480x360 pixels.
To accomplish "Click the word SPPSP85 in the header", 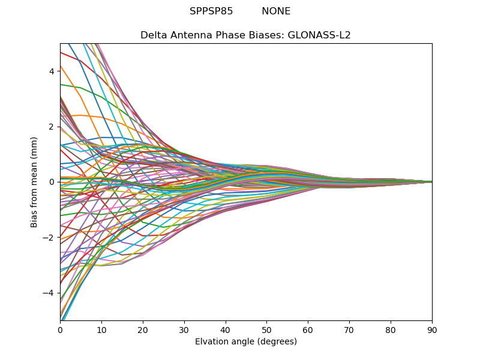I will pyautogui.click(x=211, y=11).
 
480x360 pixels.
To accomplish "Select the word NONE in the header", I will pyautogui.click(x=276, y=11).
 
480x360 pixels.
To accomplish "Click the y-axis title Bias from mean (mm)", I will pyautogui.click(x=34, y=181).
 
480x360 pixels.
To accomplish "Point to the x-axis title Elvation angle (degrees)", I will pyautogui.click(x=246, y=342).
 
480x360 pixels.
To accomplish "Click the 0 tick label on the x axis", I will pyautogui.click(x=60, y=329).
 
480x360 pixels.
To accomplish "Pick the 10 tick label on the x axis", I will pyautogui.click(x=101, y=329).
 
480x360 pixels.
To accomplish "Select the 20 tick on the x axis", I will pyautogui.click(x=143, y=329).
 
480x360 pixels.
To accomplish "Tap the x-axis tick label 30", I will pyautogui.click(x=184, y=329).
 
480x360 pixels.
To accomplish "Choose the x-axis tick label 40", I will pyautogui.click(x=226, y=329).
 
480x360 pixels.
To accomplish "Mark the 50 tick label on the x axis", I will pyautogui.click(x=266, y=329).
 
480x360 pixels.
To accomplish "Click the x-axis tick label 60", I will pyautogui.click(x=308, y=329).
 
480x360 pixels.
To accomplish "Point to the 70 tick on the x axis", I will pyautogui.click(x=349, y=329).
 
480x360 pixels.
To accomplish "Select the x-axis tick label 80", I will pyautogui.click(x=391, y=329).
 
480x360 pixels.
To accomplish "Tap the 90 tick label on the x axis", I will pyautogui.click(x=432, y=329).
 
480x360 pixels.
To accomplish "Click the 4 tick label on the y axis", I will pyautogui.click(x=52, y=71).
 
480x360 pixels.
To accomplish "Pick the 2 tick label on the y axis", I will pyautogui.click(x=52, y=127).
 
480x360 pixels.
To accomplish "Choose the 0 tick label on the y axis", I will pyautogui.click(x=52, y=182).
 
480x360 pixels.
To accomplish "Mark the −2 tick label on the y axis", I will pyautogui.click(x=49, y=238).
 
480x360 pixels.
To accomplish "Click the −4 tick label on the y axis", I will pyautogui.click(x=49, y=293).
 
